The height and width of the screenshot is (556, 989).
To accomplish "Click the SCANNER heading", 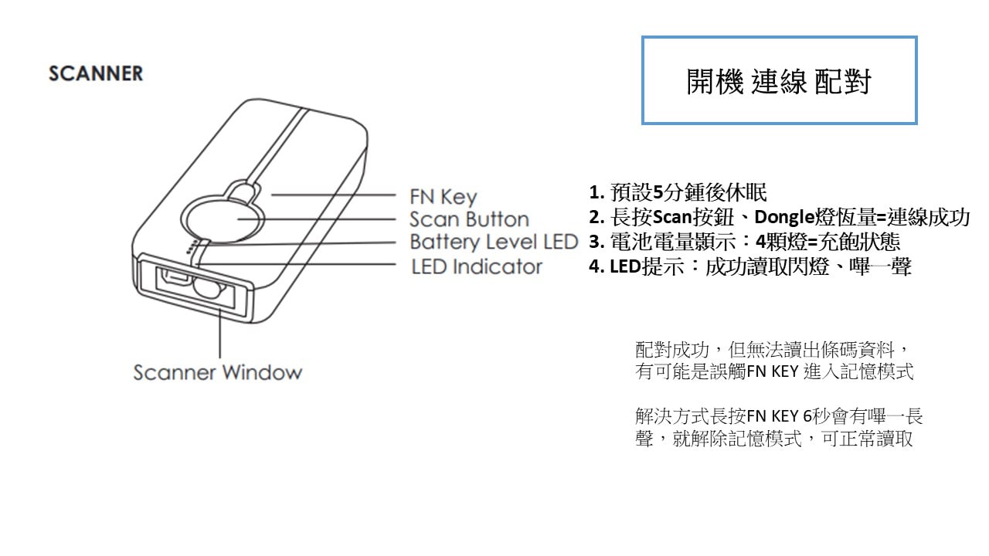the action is [x=96, y=73].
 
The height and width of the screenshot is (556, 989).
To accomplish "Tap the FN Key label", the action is [x=444, y=197].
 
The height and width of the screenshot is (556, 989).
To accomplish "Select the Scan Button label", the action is [x=469, y=219].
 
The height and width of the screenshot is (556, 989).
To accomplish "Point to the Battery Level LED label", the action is [x=494, y=242].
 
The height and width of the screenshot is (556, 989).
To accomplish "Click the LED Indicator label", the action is [x=477, y=266].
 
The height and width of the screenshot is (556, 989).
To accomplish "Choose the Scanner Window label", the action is [x=218, y=372].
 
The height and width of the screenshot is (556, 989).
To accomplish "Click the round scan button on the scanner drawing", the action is [x=222, y=219].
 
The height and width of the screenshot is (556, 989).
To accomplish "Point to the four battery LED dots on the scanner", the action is [x=191, y=247].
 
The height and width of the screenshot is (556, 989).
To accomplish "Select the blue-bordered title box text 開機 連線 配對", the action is [x=779, y=82].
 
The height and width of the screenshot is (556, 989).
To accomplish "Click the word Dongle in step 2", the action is [x=784, y=217].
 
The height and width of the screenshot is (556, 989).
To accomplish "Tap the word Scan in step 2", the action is [x=672, y=217].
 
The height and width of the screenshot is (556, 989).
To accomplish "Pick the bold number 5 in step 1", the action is [x=658, y=192].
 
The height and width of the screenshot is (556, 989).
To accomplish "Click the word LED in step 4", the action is [x=625, y=266].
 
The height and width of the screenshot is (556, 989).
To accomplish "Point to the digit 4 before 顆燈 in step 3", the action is [x=761, y=242].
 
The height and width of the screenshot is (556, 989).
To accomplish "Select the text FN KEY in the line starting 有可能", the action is [x=773, y=371].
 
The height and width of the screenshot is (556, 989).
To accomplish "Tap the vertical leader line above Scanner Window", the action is [x=220, y=334].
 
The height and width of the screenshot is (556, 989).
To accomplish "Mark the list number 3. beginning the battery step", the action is [x=596, y=242].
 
